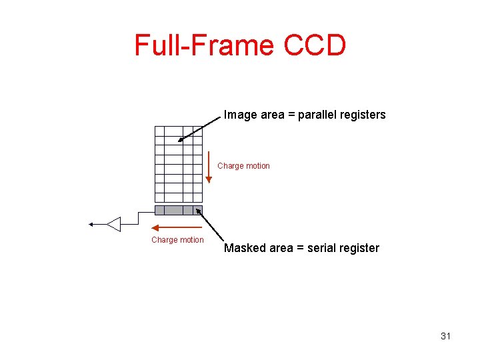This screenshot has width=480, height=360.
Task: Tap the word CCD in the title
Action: pos(315,45)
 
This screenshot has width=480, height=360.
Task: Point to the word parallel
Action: pos(320,115)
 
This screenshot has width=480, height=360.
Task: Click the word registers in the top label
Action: pos(364,115)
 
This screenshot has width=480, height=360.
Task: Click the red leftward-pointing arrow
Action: pos(177,228)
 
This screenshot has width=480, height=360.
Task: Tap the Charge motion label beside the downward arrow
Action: pos(244,166)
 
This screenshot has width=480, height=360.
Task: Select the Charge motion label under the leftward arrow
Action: pos(177,240)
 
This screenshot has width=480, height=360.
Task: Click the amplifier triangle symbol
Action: pos(114,224)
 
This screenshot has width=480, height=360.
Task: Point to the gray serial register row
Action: pos(178,210)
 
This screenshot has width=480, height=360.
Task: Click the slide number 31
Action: pos(445,336)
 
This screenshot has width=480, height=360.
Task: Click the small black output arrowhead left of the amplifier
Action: pos(92,225)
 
